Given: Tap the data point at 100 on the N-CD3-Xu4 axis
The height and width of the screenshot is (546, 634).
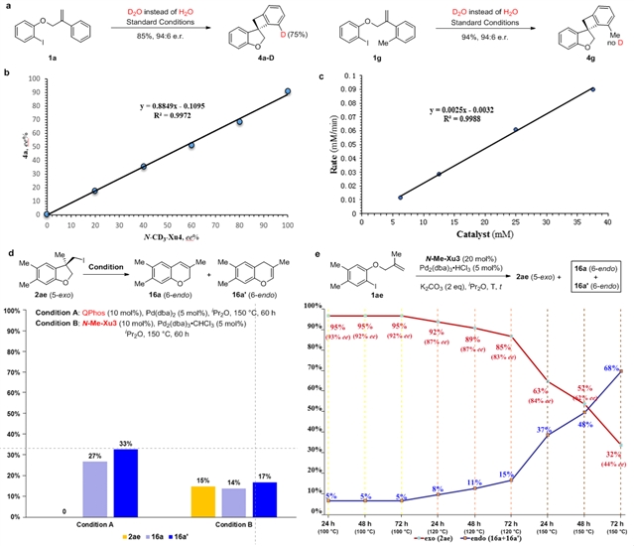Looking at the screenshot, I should [287, 91].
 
